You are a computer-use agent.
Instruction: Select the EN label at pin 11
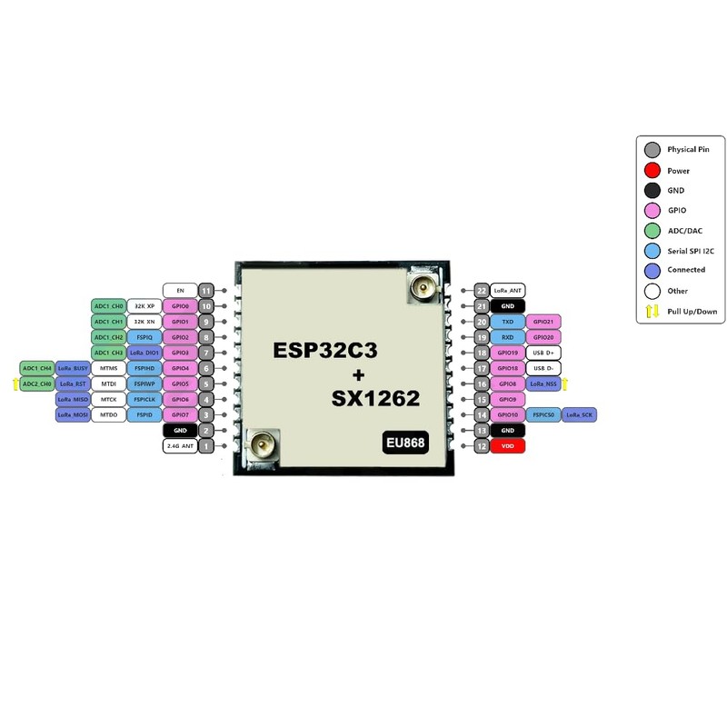pyautogui.click(x=180, y=291)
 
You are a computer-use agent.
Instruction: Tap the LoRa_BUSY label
pyautogui.click(x=73, y=369)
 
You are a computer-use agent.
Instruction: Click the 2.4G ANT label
pyautogui.click(x=180, y=446)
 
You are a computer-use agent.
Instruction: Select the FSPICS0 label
pyautogui.click(x=545, y=415)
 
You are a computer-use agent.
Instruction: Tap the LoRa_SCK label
pyautogui.click(x=582, y=415)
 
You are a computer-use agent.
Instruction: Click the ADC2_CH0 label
pyautogui.click(x=36, y=384)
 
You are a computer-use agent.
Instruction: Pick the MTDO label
pyautogui.click(x=109, y=415)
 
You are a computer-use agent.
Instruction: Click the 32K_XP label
pyautogui.click(x=144, y=306)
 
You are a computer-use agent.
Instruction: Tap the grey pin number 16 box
pyautogui.click(x=482, y=384)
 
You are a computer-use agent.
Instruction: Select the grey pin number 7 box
pyautogui.click(x=207, y=353)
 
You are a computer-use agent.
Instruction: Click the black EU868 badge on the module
pyautogui.click(x=406, y=443)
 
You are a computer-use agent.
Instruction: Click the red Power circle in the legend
pyautogui.click(x=652, y=170)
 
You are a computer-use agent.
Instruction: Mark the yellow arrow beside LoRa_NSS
pyautogui.click(x=565, y=384)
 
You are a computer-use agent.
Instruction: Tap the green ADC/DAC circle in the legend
pyautogui.click(x=652, y=231)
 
